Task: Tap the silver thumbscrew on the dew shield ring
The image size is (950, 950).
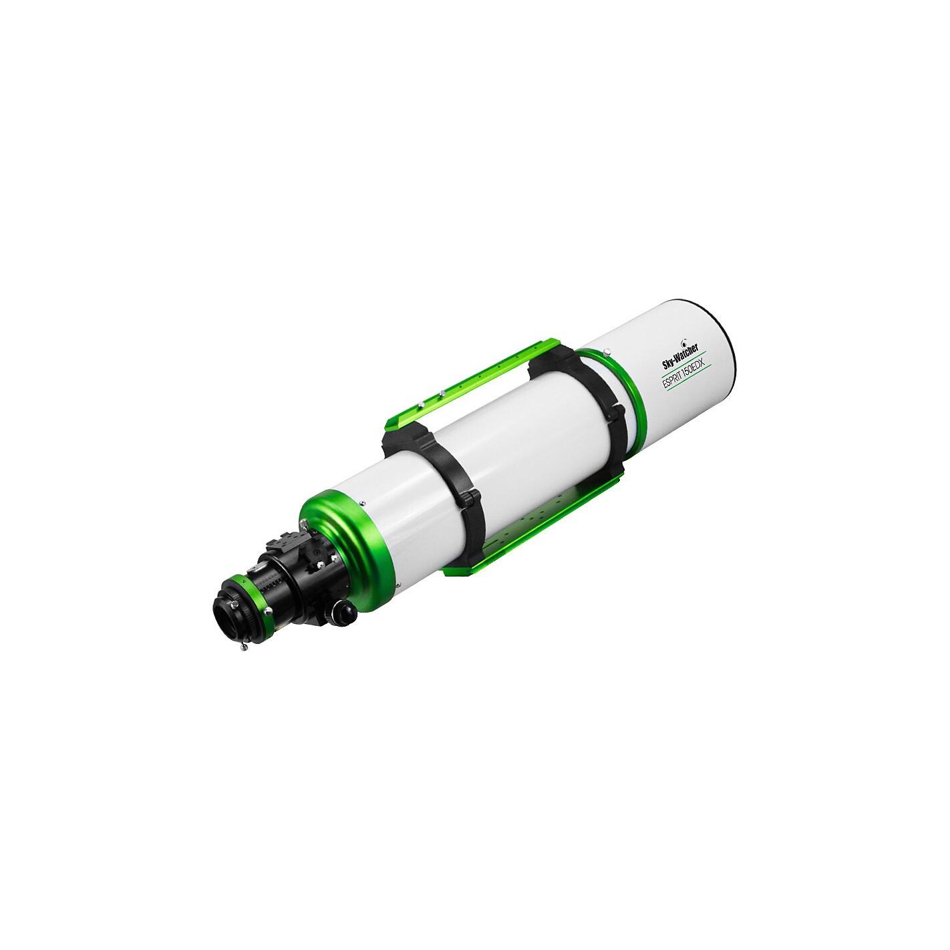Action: tap(607, 351)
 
